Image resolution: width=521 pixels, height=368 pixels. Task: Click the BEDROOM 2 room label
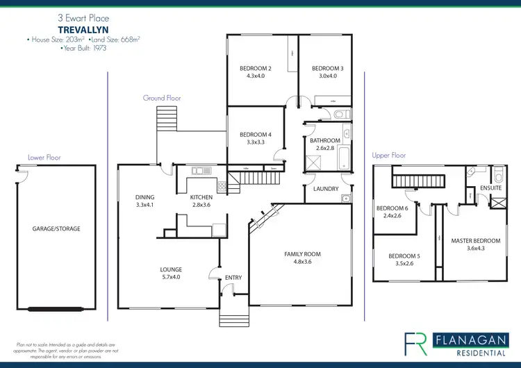(255, 69)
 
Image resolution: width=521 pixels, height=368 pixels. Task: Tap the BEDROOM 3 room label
(327, 69)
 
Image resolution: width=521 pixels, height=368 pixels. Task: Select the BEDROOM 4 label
(255, 135)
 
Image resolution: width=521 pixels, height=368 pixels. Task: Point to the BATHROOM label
(324, 140)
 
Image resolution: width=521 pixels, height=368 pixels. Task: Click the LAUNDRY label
(326, 189)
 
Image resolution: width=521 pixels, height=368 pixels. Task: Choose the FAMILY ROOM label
(302, 254)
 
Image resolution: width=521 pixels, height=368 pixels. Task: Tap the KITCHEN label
(201, 197)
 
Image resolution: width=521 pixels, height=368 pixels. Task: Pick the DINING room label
(144, 197)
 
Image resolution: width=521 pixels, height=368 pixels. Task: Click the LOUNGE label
(171, 269)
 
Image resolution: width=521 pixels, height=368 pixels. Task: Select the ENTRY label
(233, 278)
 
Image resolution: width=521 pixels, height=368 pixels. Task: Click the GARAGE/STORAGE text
(56, 228)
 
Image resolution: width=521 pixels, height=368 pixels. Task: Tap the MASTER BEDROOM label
(475, 241)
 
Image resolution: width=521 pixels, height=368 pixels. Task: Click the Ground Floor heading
(162, 99)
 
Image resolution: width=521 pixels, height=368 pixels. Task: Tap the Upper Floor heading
(389, 156)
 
